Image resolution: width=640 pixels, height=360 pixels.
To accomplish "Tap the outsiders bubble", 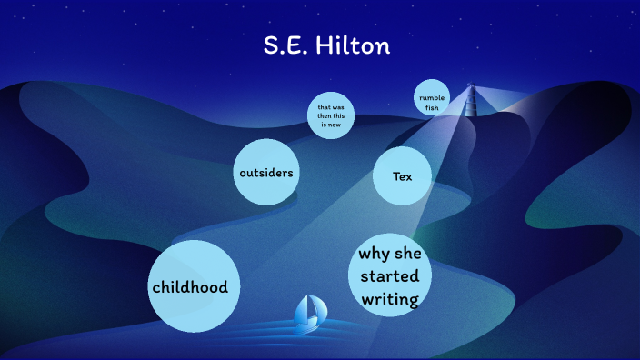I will [x=266, y=172].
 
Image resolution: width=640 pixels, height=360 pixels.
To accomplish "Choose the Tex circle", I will [x=402, y=175].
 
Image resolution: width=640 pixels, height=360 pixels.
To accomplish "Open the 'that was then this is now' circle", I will [x=330, y=115].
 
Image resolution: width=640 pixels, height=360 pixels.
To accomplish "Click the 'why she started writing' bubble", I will [x=389, y=275].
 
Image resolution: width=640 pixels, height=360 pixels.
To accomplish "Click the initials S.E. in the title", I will [x=284, y=45].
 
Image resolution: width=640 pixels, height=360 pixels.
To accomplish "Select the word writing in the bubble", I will [x=389, y=298].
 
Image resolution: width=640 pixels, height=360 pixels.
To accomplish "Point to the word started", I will [x=389, y=275].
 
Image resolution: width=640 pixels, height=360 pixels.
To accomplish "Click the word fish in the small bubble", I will [x=432, y=108].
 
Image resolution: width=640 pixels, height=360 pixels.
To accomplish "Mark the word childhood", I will [x=190, y=287].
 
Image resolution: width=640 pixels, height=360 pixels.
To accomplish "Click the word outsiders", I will [x=266, y=172].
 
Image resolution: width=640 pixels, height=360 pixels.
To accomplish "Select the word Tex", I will [x=402, y=175].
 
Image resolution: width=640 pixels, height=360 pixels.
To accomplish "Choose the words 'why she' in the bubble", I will [x=389, y=253].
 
